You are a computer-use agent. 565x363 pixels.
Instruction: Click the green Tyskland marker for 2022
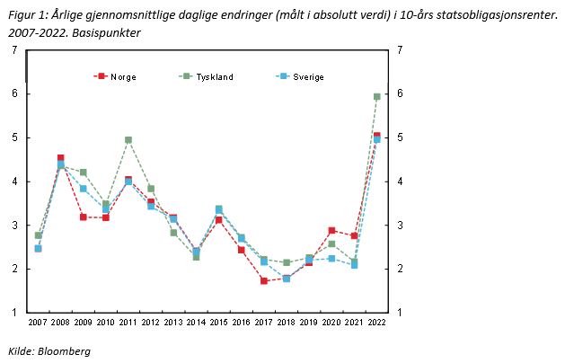[x=377, y=96]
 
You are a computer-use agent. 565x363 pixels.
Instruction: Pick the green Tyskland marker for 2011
[x=128, y=140]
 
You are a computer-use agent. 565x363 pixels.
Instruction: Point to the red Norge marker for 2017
[x=264, y=280]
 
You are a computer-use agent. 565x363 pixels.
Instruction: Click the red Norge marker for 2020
[x=331, y=231]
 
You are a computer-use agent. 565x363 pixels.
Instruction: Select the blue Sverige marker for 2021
[x=355, y=265]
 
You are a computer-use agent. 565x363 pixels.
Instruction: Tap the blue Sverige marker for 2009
[x=84, y=189]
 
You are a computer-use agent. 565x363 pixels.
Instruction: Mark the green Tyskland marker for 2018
[x=287, y=262]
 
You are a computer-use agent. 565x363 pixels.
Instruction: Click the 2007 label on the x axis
[x=38, y=322]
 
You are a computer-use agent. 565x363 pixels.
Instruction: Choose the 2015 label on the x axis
[x=219, y=322]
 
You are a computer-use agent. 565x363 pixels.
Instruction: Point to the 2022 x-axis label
[x=377, y=322]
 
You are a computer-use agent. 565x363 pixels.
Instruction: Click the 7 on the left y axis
[x=15, y=50]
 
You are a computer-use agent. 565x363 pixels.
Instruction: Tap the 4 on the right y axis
[x=399, y=181]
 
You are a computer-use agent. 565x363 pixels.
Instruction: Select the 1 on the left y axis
[x=15, y=313]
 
